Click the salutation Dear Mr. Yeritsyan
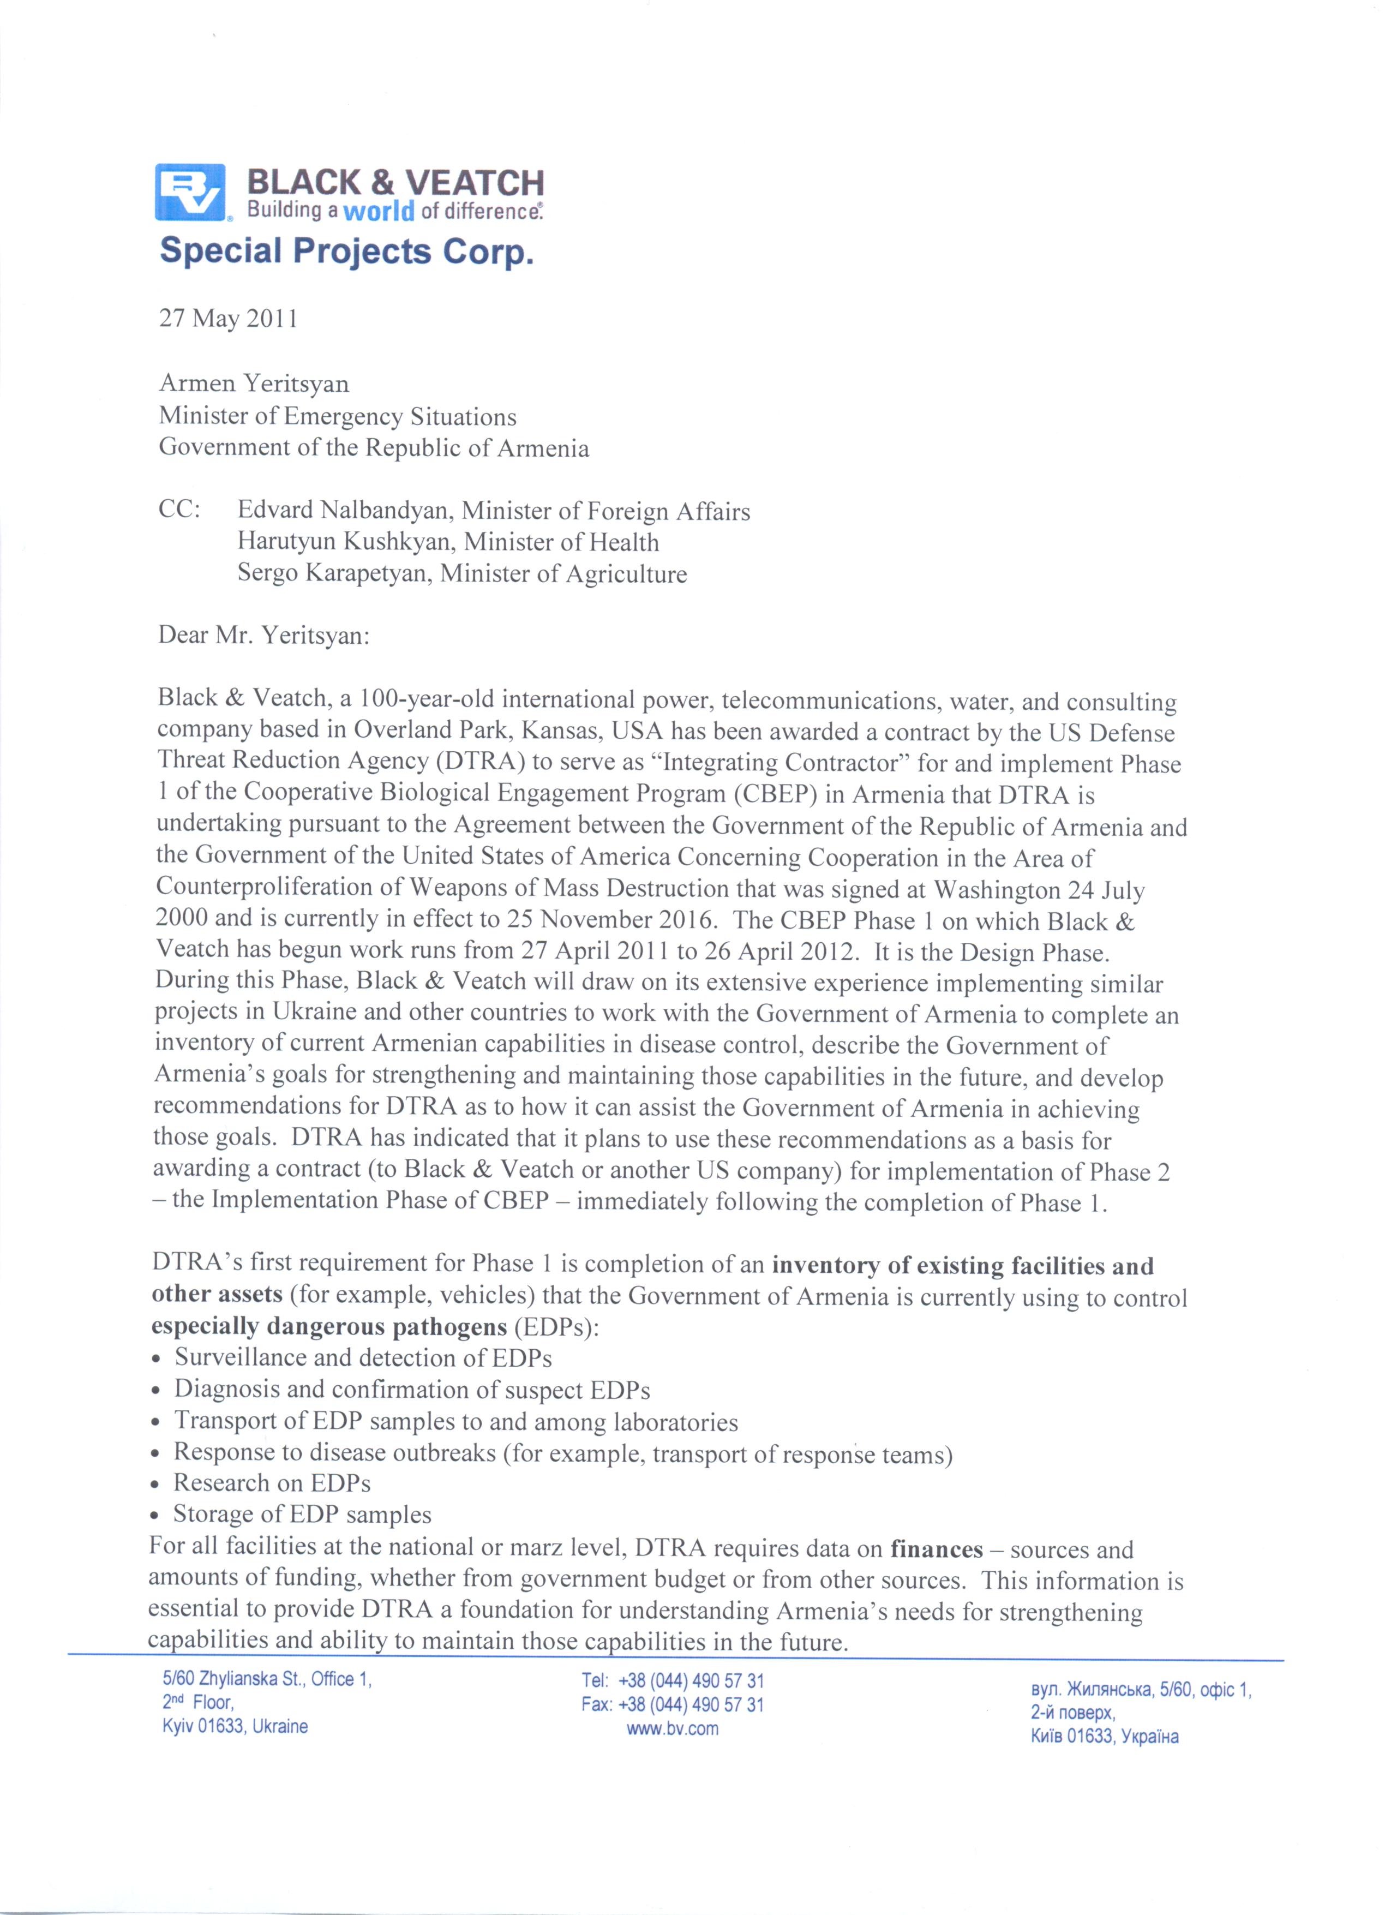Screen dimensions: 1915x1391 (263, 635)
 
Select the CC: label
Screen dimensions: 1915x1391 (179, 511)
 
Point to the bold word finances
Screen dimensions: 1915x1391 (936, 1549)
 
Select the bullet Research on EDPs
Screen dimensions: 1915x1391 (272, 1483)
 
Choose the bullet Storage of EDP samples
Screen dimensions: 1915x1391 (302, 1515)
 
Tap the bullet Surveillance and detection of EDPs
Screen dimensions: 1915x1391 (363, 1358)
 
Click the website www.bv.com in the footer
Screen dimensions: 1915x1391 (672, 1728)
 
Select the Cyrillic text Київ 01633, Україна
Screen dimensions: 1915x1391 (1104, 1736)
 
